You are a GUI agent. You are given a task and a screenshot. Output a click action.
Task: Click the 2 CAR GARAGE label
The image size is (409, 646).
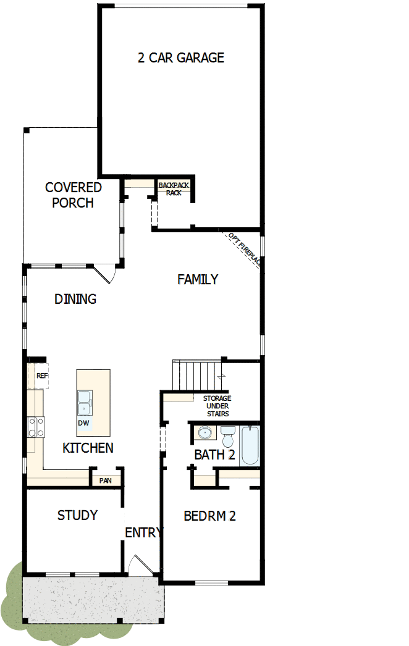[x=180, y=58]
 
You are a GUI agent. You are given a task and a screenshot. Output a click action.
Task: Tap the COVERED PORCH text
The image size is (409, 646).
[x=73, y=195]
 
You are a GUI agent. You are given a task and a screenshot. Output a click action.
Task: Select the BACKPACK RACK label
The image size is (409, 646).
[x=174, y=188]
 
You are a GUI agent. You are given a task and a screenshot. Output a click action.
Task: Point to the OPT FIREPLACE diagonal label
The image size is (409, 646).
[x=245, y=250]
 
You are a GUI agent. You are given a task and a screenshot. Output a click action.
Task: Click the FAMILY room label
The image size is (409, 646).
[x=198, y=280]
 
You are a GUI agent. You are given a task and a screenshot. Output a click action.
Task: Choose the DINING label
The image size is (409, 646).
[x=75, y=300]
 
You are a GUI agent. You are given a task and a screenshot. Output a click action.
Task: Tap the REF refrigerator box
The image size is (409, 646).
[x=41, y=375]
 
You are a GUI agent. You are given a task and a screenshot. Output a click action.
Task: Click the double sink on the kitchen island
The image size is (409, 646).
[x=85, y=404]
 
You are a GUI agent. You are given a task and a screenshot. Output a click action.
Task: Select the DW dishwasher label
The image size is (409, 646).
[x=83, y=424]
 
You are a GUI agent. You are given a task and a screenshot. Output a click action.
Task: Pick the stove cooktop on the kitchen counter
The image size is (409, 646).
[x=36, y=427]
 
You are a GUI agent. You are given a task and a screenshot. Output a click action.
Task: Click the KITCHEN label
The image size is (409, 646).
[x=88, y=448]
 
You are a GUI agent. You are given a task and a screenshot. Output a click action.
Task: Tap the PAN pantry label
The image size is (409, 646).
[x=105, y=480]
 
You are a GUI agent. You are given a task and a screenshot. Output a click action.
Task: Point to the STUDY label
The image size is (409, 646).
[x=77, y=515]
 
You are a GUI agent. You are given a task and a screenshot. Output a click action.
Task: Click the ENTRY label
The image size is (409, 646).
[x=143, y=533]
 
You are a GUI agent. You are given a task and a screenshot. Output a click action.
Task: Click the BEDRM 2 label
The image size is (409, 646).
[x=209, y=516]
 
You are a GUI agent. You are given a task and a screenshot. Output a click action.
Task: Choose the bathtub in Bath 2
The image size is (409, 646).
[x=251, y=445]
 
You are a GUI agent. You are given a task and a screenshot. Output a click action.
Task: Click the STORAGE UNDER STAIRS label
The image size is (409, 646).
[x=217, y=406]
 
